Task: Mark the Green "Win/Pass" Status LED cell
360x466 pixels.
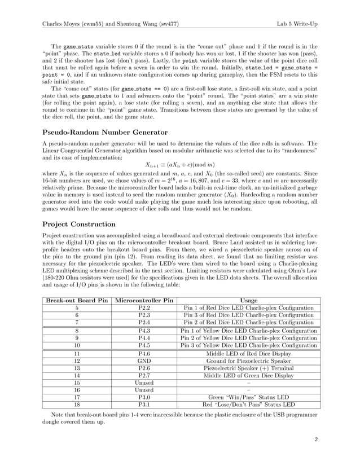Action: [x=248, y=397]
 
